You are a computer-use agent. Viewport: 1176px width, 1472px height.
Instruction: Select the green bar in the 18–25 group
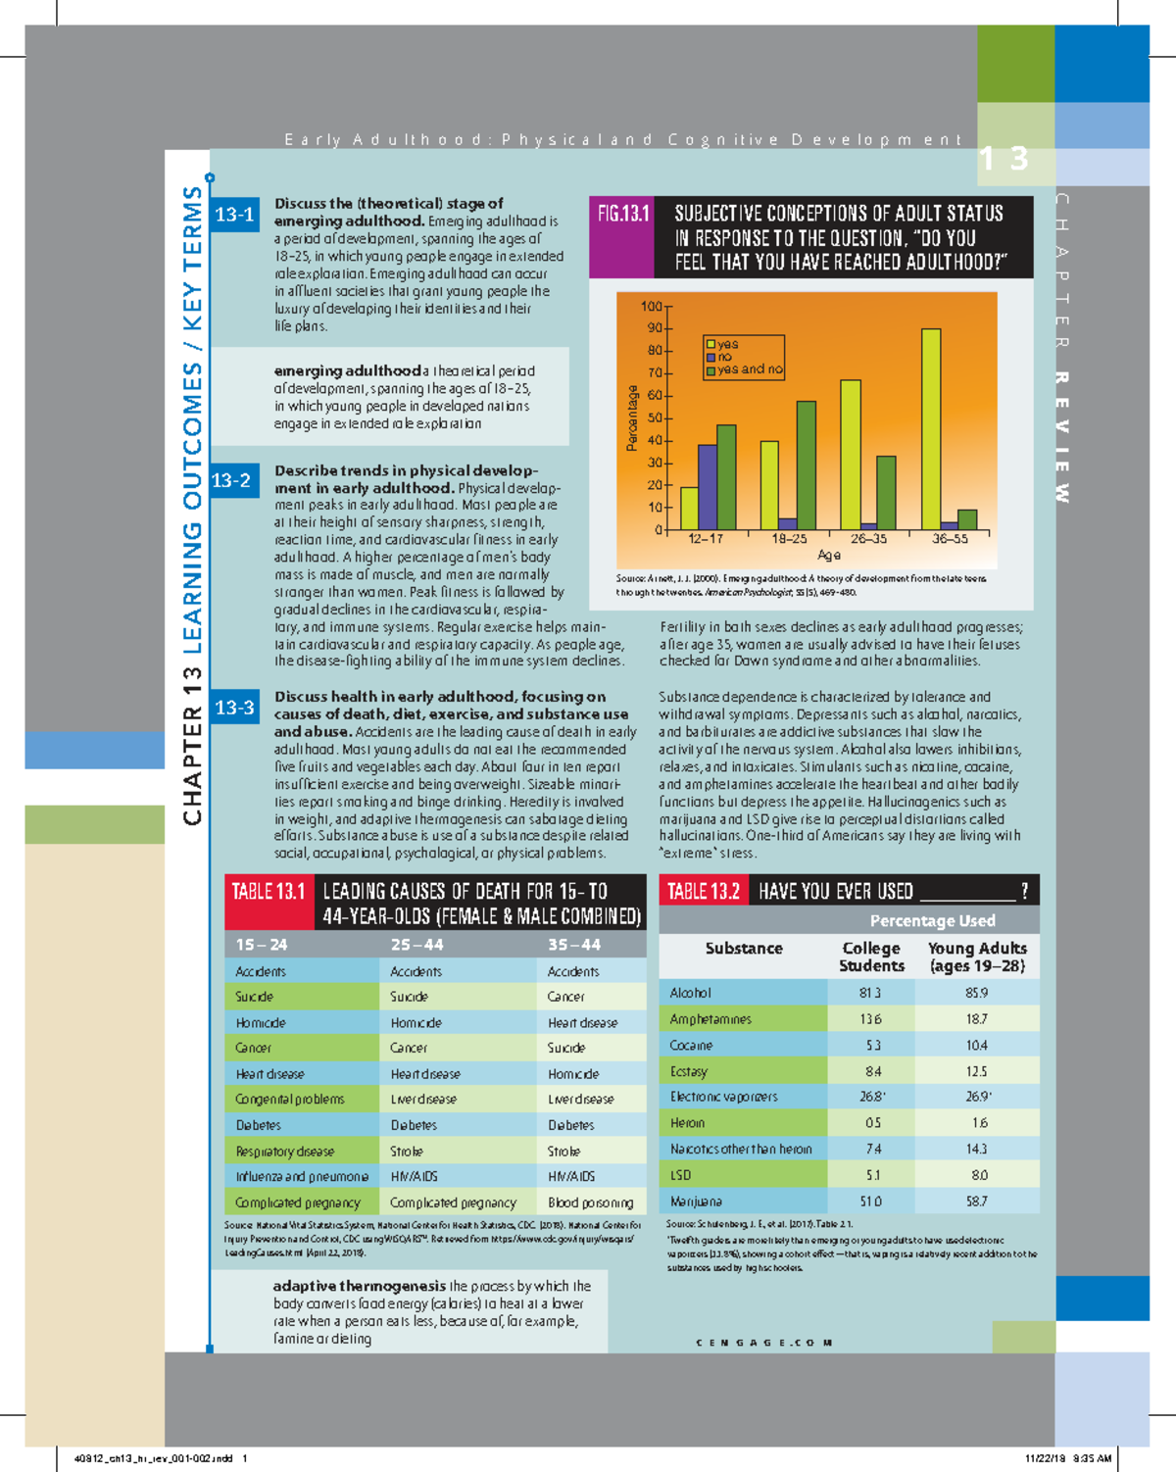pyautogui.click(x=806, y=466)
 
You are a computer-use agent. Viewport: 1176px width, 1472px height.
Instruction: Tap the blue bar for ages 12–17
pyautogui.click(x=707, y=487)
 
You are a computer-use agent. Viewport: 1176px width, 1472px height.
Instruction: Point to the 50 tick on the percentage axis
pyautogui.click(x=653, y=418)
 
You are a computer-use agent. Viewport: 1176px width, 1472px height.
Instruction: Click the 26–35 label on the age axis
pyautogui.click(x=868, y=539)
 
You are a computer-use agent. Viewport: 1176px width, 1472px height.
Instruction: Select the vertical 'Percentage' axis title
pyautogui.click(x=632, y=418)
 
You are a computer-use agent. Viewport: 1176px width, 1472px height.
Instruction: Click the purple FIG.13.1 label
pyautogui.click(x=623, y=214)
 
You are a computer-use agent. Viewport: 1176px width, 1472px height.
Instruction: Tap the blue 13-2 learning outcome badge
pyautogui.click(x=232, y=480)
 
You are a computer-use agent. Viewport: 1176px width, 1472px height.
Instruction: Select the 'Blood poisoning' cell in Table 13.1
pyautogui.click(x=590, y=1202)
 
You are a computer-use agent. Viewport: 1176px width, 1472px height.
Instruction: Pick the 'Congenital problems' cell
pyautogui.click(x=290, y=1100)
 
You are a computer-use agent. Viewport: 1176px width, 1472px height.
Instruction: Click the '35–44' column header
pyautogui.click(x=574, y=945)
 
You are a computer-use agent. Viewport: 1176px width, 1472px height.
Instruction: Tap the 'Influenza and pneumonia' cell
pyautogui.click(x=302, y=1176)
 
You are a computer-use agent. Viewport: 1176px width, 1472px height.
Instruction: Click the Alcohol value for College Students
pyautogui.click(x=870, y=993)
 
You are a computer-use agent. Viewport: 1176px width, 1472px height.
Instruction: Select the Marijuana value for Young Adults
pyautogui.click(x=976, y=1201)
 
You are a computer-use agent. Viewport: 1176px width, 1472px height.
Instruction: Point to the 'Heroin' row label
pyautogui.click(x=687, y=1123)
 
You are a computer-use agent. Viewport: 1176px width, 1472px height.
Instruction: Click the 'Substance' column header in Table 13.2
pyautogui.click(x=744, y=949)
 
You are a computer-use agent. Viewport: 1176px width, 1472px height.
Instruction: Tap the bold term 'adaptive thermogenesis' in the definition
pyautogui.click(x=359, y=1286)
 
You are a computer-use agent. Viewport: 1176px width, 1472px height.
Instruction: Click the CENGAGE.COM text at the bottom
pyautogui.click(x=764, y=1343)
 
